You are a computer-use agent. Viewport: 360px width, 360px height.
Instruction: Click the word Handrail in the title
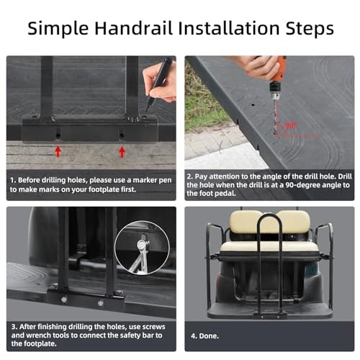tap(134, 28)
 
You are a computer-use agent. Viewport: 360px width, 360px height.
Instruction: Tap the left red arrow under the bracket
tap(58, 151)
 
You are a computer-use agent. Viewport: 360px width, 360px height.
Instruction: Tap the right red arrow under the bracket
tap(122, 152)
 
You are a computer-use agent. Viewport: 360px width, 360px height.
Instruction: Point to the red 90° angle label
tap(290, 125)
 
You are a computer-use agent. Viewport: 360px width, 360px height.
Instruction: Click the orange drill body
tap(279, 71)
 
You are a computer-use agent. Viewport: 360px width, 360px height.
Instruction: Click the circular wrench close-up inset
tap(142, 248)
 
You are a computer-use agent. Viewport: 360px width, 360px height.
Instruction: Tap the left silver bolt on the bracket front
tap(63, 300)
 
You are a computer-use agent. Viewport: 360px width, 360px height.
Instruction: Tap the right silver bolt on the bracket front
tap(101, 303)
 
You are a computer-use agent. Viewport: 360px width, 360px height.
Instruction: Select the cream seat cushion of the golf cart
tap(269, 247)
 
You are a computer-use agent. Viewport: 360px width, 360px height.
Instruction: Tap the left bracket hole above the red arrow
tap(58, 135)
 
